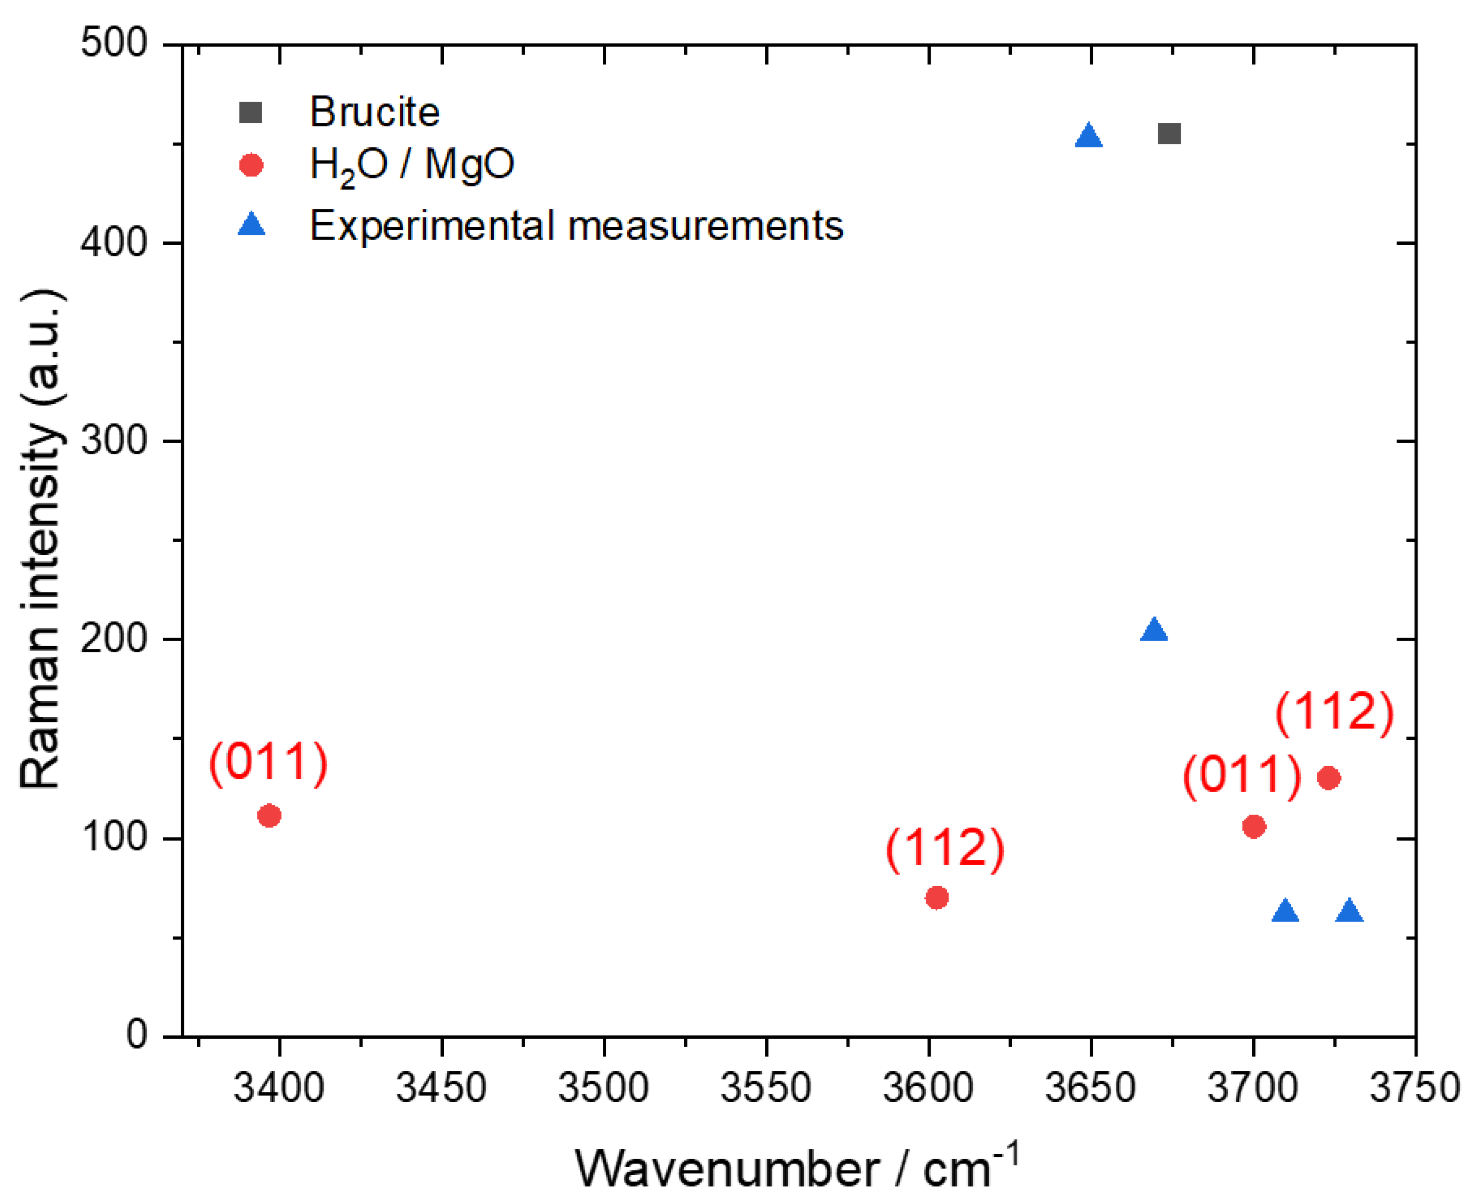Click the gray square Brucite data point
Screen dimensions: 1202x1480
tap(1168, 134)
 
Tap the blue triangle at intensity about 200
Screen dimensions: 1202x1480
tap(1154, 631)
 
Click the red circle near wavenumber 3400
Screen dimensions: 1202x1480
tap(269, 816)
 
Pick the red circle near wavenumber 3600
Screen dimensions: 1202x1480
tap(936, 898)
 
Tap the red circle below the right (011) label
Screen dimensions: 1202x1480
tap(1254, 826)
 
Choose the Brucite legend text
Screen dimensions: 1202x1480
tap(374, 112)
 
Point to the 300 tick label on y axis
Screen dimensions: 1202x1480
tap(114, 441)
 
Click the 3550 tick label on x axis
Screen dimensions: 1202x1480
tap(766, 1088)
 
